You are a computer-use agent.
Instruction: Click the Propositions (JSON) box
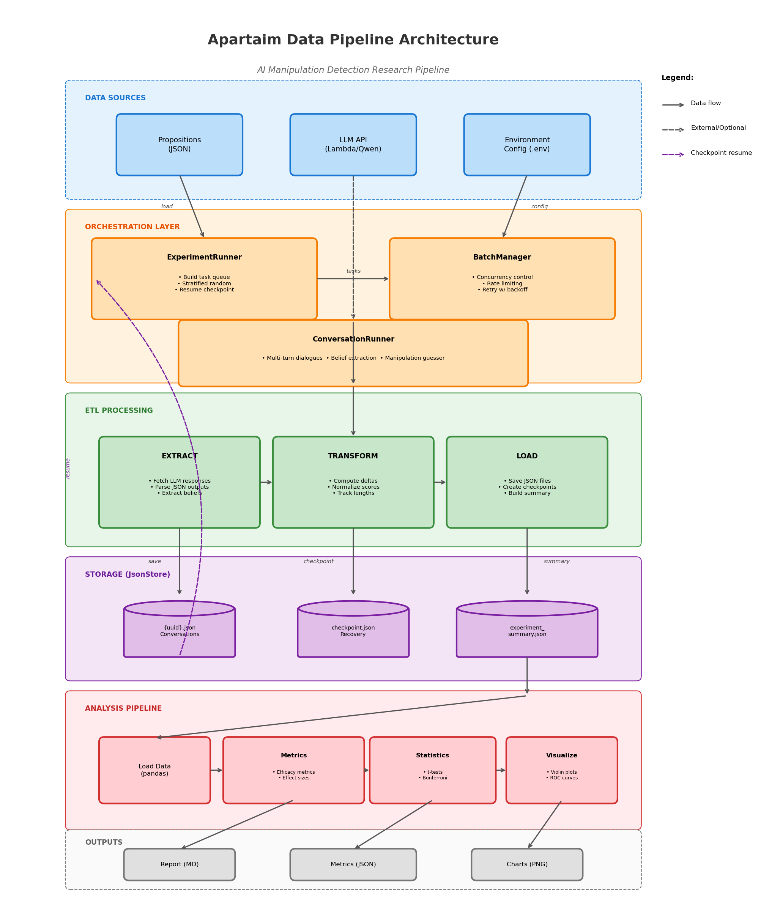pos(180,145)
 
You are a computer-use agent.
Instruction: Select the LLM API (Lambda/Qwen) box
pos(353,145)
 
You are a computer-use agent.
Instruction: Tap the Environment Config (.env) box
pos(527,145)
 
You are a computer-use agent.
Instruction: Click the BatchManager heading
pos(502,257)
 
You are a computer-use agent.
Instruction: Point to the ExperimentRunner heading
pos(204,257)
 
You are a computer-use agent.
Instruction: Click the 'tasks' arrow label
pos(353,271)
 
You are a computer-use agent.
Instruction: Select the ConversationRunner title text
pos(353,339)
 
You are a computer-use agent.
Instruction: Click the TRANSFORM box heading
pos(353,456)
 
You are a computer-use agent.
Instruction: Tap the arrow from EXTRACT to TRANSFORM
pos(266,482)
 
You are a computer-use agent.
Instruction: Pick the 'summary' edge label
pos(556,562)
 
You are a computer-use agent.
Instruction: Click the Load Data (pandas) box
pos(154,770)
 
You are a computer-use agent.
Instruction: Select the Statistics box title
pos(432,755)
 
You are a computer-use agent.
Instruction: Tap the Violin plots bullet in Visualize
pos(561,772)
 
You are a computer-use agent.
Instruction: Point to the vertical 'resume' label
pos(68,469)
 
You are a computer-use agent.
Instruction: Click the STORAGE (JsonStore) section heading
pos(127,574)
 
